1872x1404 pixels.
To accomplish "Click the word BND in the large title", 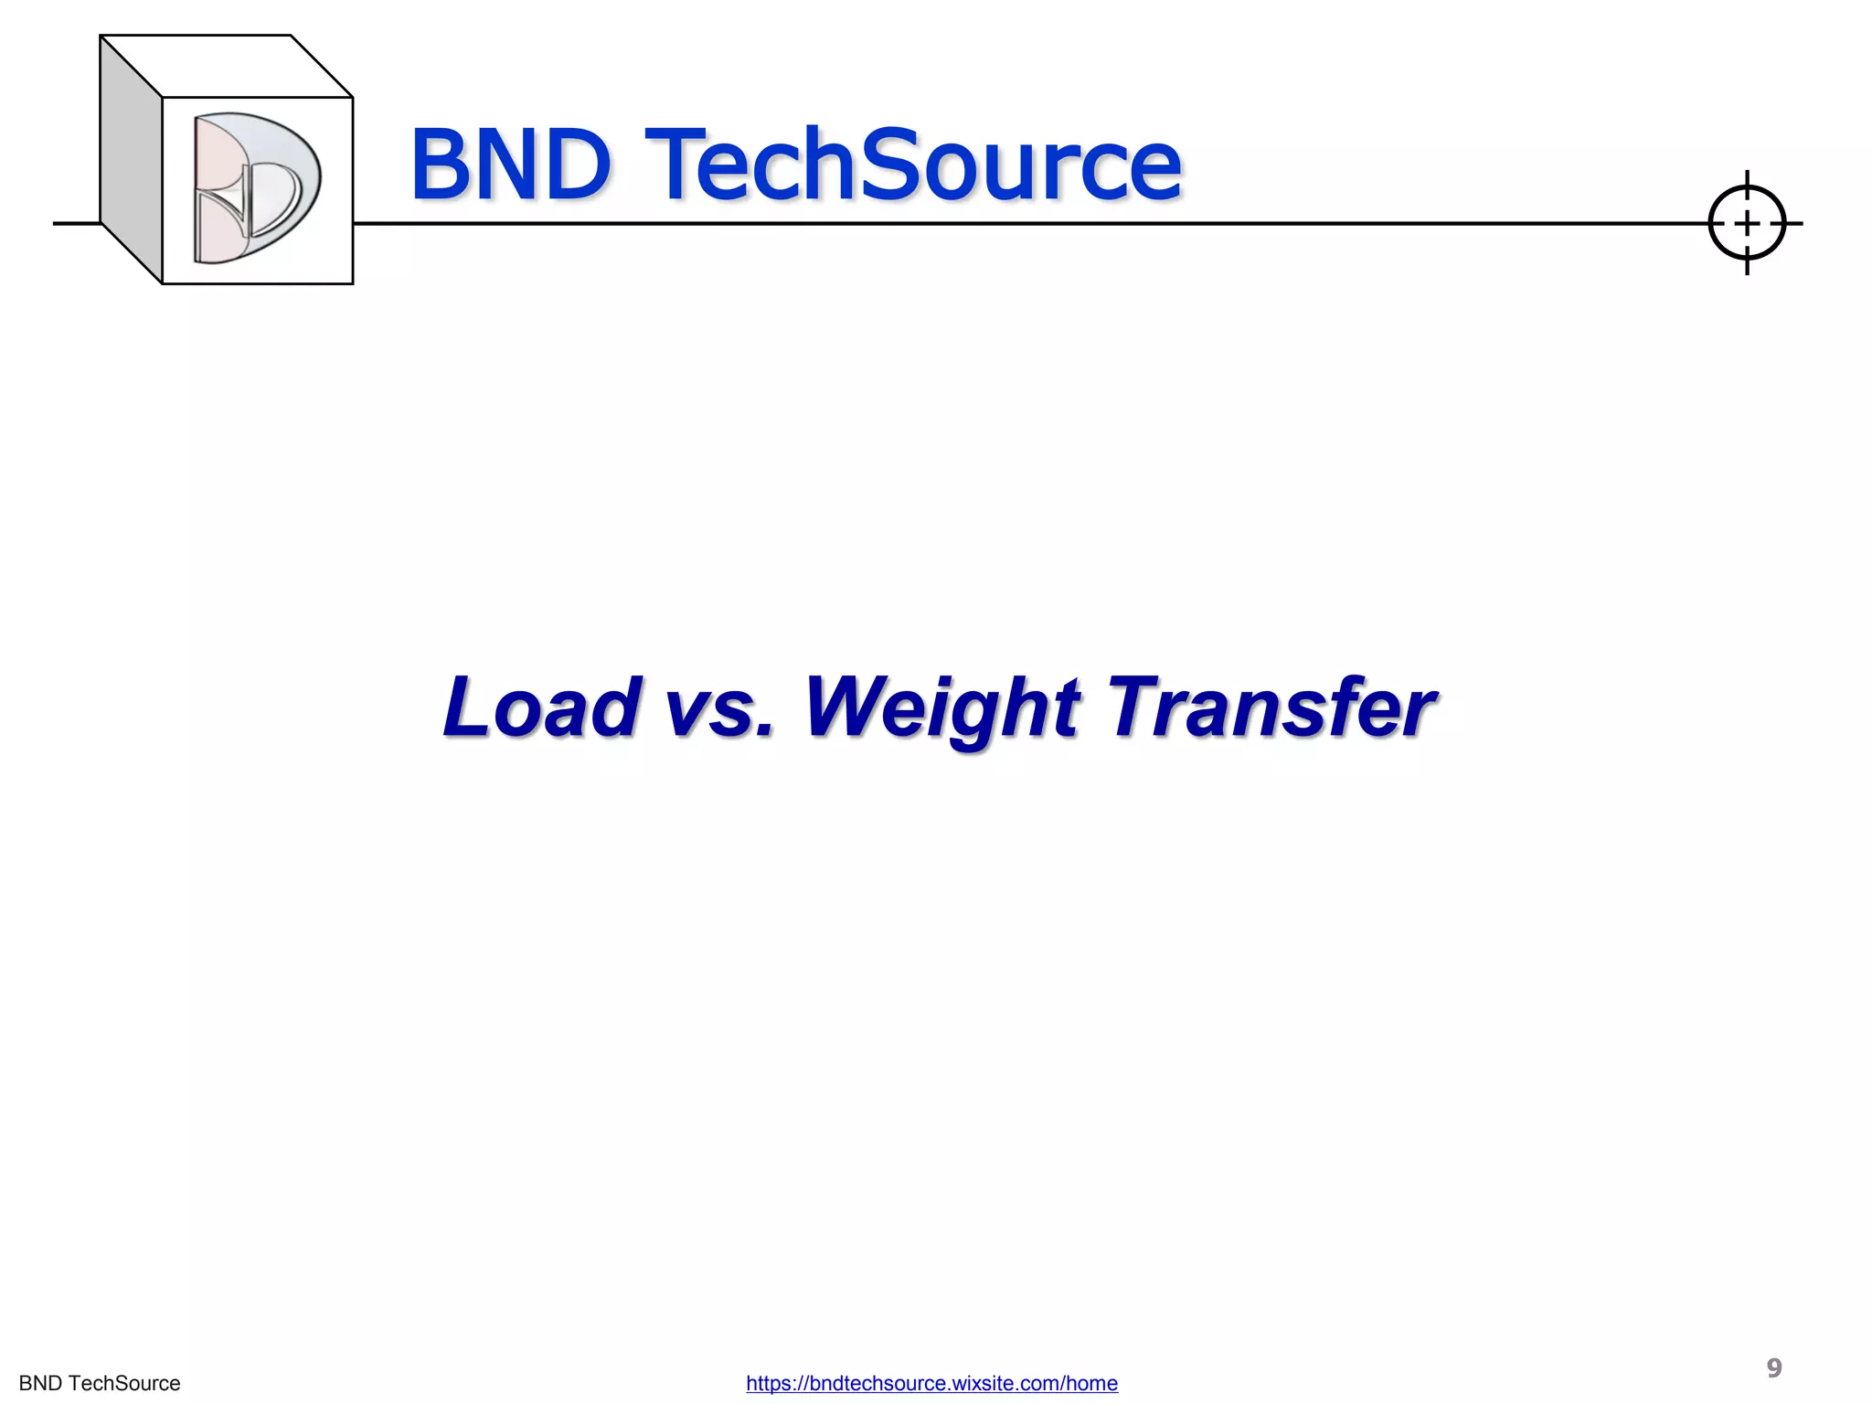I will (x=510, y=165).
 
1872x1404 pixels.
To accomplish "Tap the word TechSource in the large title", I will (x=913, y=165).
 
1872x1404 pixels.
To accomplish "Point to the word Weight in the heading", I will (x=942, y=708).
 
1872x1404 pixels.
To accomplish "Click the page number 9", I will (x=1774, y=1367).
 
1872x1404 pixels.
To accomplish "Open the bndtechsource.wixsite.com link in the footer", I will (x=931, y=1384).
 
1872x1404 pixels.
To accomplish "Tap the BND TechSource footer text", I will (x=100, y=1384).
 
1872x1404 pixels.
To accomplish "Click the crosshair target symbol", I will (x=1747, y=223).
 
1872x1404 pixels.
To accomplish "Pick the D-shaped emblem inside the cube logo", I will (x=257, y=188).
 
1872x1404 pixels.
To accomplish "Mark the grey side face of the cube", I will (x=131, y=160).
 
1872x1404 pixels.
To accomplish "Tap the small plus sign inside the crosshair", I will (x=1747, y=223).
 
